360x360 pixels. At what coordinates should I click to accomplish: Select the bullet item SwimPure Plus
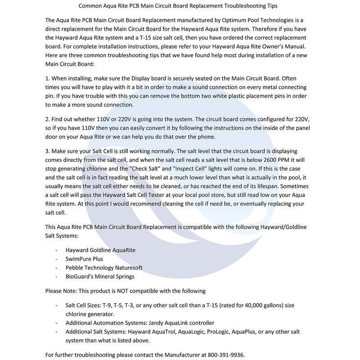[x=84, y=259]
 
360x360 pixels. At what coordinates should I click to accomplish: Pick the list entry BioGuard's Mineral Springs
[x=100, y=276]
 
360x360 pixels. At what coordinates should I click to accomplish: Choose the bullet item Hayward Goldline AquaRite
[x=100, y=250]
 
